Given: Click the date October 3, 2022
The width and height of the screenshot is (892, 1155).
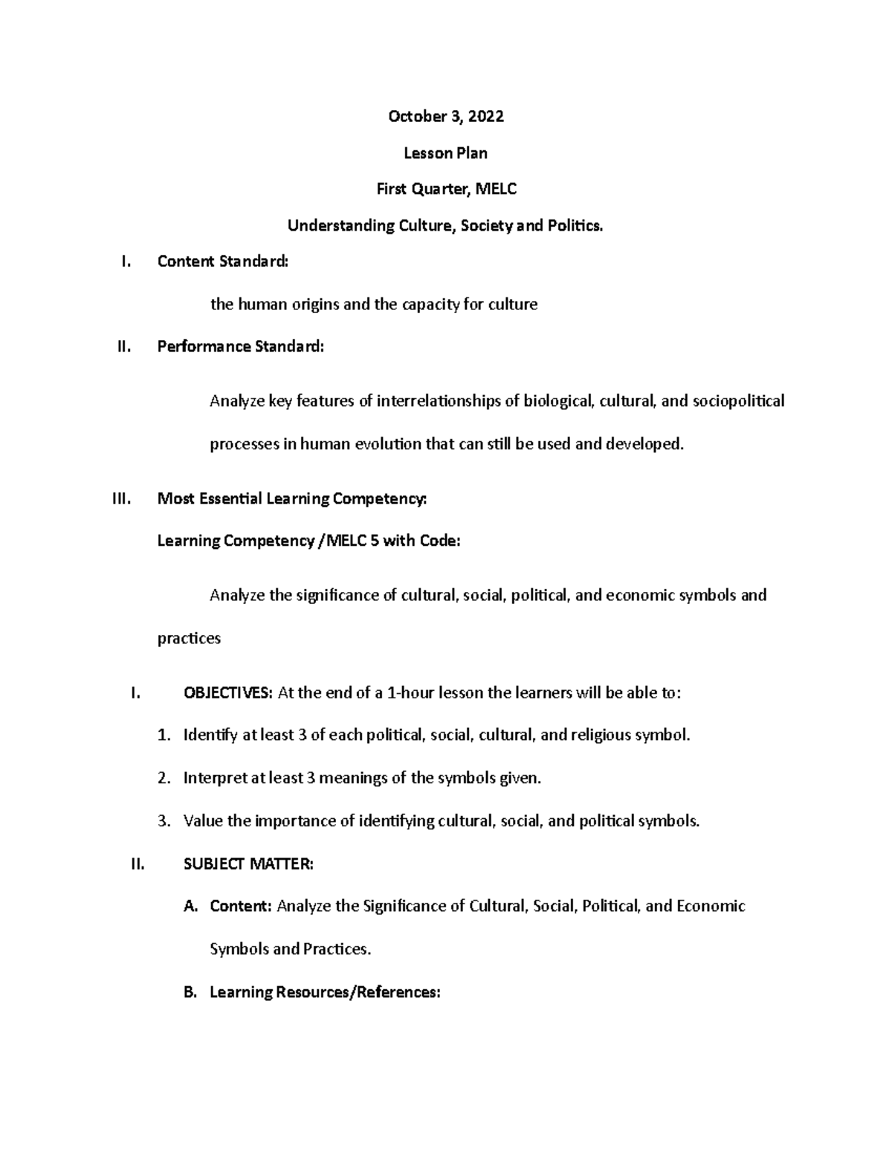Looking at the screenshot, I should (445, 116).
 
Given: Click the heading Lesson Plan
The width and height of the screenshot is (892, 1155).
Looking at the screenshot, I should (445, 153).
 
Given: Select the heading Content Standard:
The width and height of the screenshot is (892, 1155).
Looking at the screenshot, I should (222, 261).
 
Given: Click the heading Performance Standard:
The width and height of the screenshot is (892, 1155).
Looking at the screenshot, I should (240, 347).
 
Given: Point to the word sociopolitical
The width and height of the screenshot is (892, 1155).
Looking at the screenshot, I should (738, 402).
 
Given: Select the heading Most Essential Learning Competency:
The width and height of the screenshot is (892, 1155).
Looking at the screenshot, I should (292, 499).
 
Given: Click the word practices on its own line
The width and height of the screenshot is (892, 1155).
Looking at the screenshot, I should (189, 638).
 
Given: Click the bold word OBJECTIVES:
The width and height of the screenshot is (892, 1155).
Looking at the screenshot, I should (228, 693).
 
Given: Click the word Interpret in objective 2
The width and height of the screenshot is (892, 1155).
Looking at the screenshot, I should (215, 779).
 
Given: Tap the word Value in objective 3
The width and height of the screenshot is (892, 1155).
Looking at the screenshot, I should (202, 821).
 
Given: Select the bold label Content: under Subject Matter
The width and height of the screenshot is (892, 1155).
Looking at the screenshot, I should (242, 907).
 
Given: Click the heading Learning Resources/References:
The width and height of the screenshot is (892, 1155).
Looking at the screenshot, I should (326, 992).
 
